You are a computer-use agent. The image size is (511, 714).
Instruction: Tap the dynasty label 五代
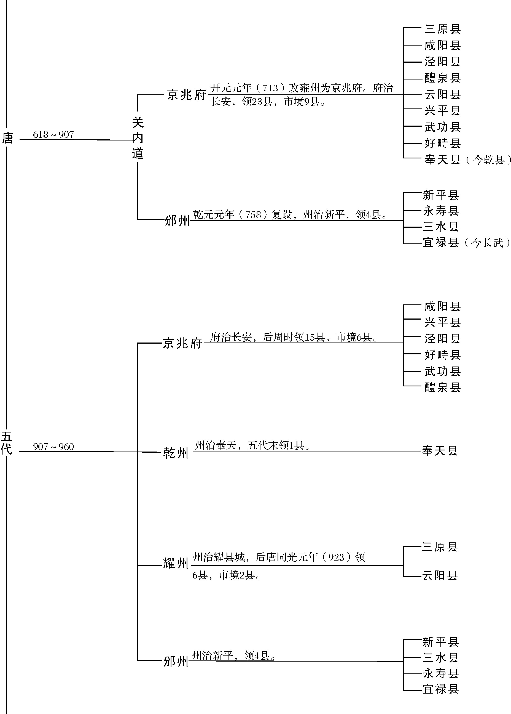tap(6, 443)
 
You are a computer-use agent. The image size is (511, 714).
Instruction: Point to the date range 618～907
tap(53, 135)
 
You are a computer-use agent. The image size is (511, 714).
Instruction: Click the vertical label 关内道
tap(138, 138)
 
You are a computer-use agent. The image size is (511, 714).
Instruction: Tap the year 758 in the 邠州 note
tap(253, 215)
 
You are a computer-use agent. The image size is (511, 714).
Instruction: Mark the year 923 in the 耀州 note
tap(336, 557)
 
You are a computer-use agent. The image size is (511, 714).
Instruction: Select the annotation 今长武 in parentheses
tap(487, 243)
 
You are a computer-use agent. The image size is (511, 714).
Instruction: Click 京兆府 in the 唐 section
tap(186, 95)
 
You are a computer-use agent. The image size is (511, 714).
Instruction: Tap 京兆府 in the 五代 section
tap(182, 343)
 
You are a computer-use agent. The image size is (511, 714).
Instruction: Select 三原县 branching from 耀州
tap(440, 547)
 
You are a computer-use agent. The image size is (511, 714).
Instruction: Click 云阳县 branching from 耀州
tap(440, 575)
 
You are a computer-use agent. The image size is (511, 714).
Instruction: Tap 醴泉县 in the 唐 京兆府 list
tap(442, 78)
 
